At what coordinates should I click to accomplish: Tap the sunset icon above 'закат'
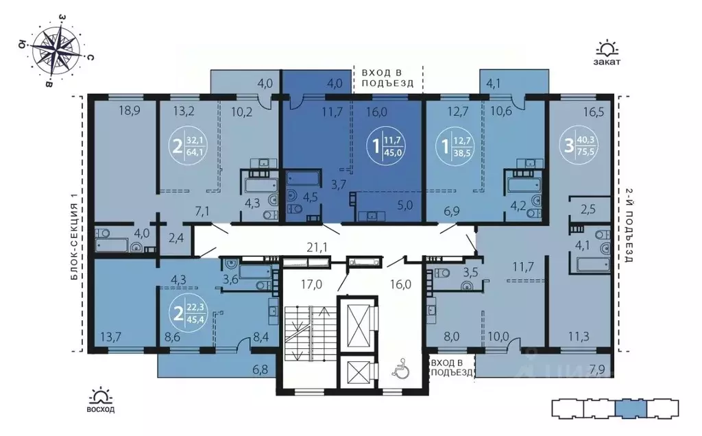607,49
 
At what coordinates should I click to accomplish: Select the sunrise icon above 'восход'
101,396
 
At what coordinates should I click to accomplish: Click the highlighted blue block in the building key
630,409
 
